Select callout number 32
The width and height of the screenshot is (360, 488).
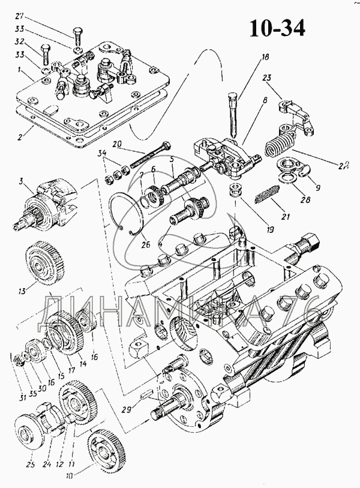tap(19, 43)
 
